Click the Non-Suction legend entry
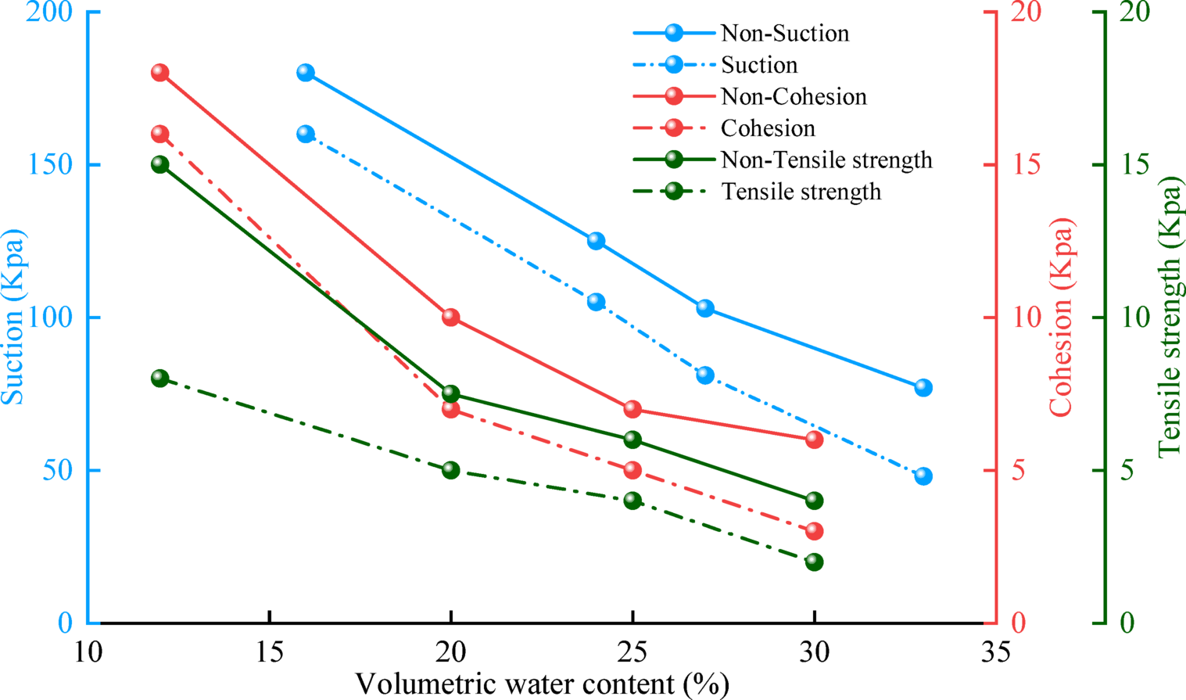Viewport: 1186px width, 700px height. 784,33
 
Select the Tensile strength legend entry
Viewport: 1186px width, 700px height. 801,192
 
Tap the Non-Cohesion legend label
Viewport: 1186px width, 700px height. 794,96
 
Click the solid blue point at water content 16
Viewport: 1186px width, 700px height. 306,73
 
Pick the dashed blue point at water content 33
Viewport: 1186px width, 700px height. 923,476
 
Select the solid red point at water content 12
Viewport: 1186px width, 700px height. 160,73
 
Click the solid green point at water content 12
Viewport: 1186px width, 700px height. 160,164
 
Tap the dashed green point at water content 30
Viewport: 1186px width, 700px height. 814,562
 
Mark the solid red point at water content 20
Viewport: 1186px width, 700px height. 451,317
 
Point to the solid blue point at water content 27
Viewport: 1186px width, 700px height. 705,308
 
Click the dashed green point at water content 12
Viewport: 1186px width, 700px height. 160,379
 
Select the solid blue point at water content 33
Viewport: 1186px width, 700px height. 923,388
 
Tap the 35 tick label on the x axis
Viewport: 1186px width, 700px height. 995,652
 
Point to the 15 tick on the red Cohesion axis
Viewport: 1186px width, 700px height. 1027,164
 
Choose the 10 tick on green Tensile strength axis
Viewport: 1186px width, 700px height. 1135,317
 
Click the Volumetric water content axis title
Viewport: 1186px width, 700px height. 542,684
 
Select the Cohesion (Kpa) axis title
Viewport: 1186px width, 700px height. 1061,317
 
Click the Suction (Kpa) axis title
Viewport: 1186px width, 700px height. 13,317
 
